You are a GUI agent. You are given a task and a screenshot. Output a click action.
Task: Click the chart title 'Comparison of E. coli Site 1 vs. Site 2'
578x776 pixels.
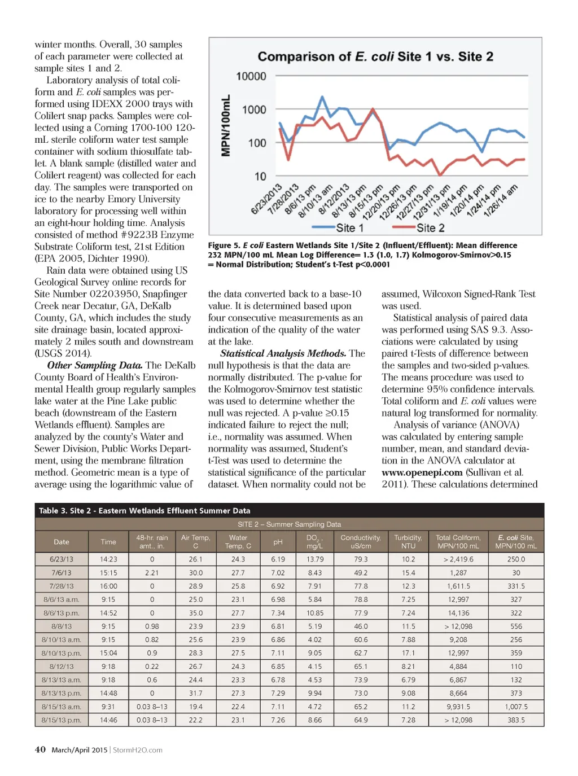point(375,56)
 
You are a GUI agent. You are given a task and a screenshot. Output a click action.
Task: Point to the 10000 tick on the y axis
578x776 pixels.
point(251,76)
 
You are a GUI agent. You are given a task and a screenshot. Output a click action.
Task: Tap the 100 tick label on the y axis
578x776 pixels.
point(257,143)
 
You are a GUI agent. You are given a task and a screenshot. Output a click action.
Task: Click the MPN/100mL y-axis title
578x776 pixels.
point(226,125)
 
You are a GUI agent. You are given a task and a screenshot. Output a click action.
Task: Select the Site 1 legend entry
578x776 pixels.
point(338,228)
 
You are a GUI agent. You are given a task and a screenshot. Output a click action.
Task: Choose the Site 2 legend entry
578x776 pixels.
point(419,228)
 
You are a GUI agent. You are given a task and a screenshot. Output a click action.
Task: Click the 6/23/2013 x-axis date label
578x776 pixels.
point(267,199)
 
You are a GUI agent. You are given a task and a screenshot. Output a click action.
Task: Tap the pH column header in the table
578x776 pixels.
point(278,542)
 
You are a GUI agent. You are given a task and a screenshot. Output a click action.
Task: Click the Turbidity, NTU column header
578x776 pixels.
point(408,542)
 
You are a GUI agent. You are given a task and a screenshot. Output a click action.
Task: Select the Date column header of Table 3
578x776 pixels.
point(62,542)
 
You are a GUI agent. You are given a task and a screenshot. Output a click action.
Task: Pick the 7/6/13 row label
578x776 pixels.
point(62,573)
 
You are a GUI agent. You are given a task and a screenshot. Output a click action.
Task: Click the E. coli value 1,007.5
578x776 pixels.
point(516,707)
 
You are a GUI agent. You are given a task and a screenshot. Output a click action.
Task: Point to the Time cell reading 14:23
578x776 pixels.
point(108,559)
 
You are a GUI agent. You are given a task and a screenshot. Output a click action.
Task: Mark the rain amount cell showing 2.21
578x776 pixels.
point(152,573)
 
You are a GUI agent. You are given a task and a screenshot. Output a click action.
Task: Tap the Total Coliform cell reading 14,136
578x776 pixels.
point(458,613)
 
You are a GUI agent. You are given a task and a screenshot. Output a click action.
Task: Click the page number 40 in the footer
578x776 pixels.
point(40,749)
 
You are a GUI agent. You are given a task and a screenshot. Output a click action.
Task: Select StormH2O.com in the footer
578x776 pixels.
point(138,750)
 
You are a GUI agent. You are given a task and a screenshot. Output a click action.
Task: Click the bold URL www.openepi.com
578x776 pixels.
point(422,472)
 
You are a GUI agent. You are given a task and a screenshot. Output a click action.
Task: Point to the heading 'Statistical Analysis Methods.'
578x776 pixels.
point(283,353)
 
